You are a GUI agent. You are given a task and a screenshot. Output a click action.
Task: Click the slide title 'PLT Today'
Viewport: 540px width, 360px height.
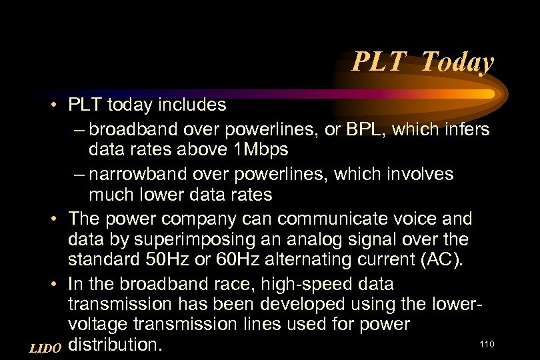pos(423,63)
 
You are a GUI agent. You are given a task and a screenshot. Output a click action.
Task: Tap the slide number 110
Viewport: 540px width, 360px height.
pos(487,344)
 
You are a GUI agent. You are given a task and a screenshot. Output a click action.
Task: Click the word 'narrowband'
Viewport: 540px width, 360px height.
pos(137,174)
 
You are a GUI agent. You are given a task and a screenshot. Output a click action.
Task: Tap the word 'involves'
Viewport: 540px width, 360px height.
pos(421,174)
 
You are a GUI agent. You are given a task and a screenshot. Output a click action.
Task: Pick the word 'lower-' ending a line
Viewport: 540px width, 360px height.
pos(456,305)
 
